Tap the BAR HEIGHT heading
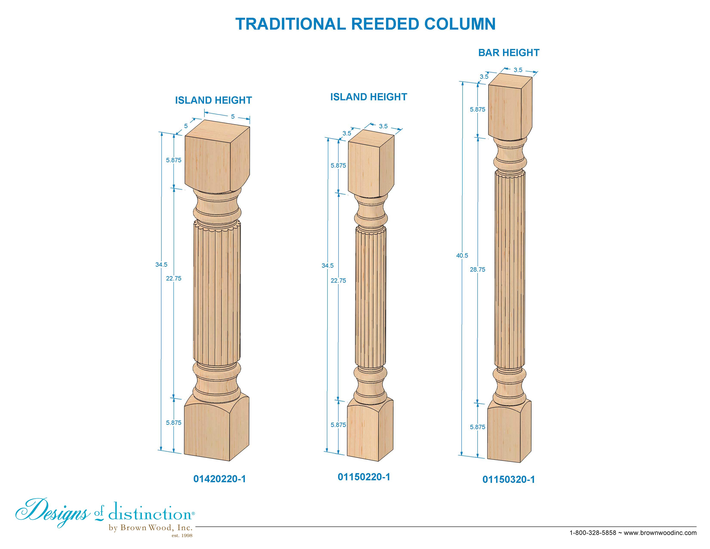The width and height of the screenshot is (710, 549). [x=509, y=53]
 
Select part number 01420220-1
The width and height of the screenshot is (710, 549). [x=219, y=479]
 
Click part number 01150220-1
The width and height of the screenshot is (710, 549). [x=364, y=477]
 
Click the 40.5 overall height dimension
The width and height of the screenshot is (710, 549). [x=462, y=256]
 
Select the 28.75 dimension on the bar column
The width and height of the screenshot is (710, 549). [x=478, y=269]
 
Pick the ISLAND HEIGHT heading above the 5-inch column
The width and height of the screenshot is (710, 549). [x=214, y=100]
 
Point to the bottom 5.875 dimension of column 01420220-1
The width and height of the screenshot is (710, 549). [x=174, y=422]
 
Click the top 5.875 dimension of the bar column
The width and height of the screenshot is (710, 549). [x=478, y=110]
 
